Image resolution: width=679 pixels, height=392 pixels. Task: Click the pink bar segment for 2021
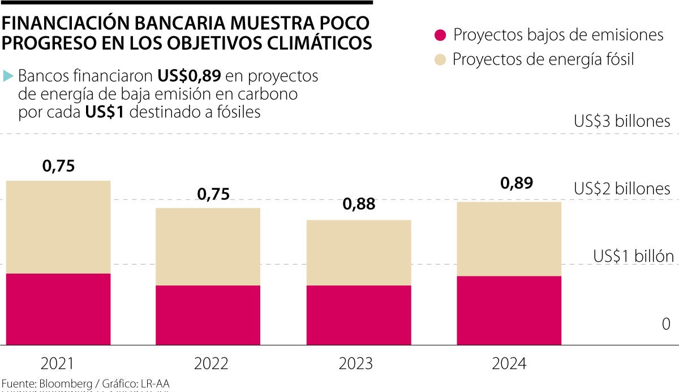58,309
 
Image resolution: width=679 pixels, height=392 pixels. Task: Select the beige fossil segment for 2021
58,227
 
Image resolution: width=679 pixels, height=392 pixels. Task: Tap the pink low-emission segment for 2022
208,314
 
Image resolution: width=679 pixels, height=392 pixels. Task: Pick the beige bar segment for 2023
359,252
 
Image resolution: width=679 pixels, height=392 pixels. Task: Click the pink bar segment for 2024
509,310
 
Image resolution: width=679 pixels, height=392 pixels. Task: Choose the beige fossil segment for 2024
509,238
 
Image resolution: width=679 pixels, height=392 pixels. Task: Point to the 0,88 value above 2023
359,204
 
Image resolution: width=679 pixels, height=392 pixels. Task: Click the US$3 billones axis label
622,121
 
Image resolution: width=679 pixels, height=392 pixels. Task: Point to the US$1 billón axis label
633,256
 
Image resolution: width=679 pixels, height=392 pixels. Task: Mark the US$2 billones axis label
622,188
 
